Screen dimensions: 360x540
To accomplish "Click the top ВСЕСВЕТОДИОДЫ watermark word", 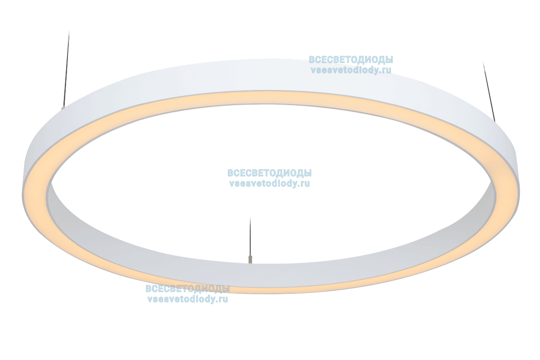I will [351, 60].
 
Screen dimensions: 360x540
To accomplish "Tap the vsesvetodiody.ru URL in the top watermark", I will [351, 70].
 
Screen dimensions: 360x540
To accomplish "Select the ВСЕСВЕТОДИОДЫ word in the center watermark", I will [270, 173].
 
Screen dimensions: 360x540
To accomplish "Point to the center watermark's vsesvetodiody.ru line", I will [270, 184].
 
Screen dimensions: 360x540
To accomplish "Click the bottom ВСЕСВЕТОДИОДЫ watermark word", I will [187, 289].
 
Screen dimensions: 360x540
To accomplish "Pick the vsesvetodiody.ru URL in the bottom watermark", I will [187, 299].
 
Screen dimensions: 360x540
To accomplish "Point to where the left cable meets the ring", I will [63, 108].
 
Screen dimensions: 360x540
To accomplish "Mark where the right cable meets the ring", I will [495, 121].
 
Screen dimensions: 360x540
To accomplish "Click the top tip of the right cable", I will [483, 63].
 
